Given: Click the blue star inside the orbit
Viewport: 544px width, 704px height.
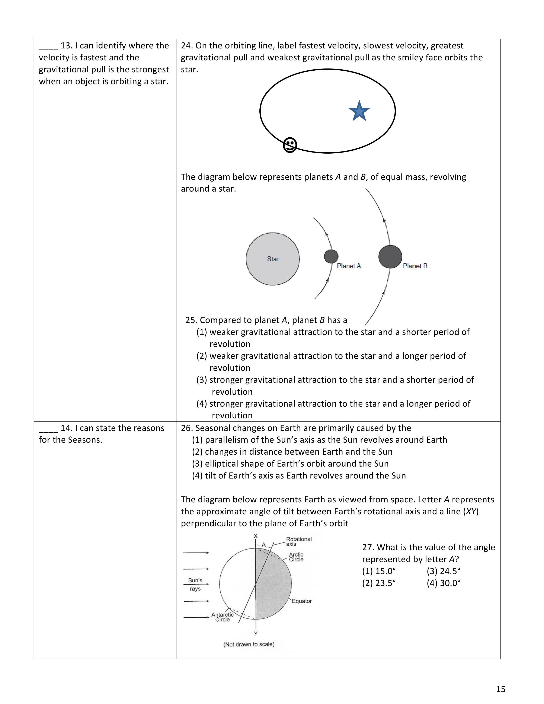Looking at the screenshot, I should (x=359, y=111).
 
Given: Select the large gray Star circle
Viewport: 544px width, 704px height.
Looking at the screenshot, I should (x=273, y=259).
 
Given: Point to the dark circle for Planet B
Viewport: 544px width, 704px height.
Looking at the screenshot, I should (x=390, y=257).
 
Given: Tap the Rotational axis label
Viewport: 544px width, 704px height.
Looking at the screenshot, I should (x=298, y=541).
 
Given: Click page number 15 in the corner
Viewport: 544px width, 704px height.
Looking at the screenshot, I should (x=500, y=689).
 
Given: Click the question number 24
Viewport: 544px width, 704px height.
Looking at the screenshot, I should (x=186, y=45).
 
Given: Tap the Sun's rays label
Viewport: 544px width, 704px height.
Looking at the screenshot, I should (x=195, y=584).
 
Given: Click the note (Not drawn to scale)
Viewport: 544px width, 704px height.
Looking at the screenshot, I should (x=249, y=644).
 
